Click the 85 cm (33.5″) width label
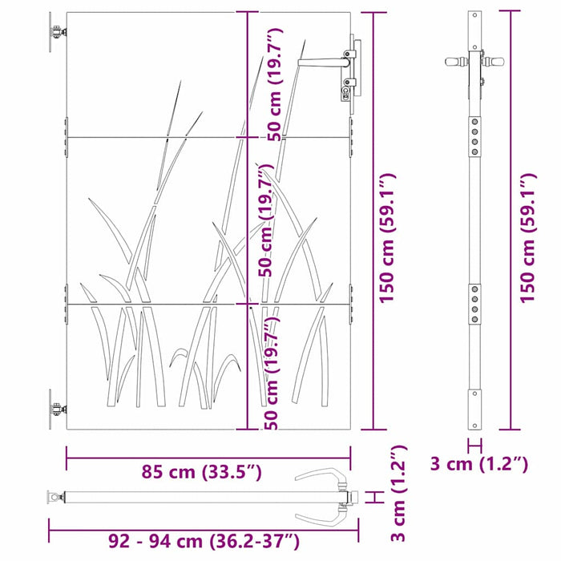click(x=201, y=472)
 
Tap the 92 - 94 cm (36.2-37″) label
click(x=204, y=541)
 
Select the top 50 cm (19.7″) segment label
click(x=275, y=85)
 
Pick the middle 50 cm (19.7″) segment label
click(x=267, y=220)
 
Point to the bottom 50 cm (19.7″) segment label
click(x=272, y=372)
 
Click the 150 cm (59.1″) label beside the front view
click(x=387, y=238)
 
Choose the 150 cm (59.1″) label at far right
click(x=528, y=238)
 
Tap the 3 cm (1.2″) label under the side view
click(x=478, y=464)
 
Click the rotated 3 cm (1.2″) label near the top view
click(x=398, y=494)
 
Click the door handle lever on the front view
click(x=323, y=63)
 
